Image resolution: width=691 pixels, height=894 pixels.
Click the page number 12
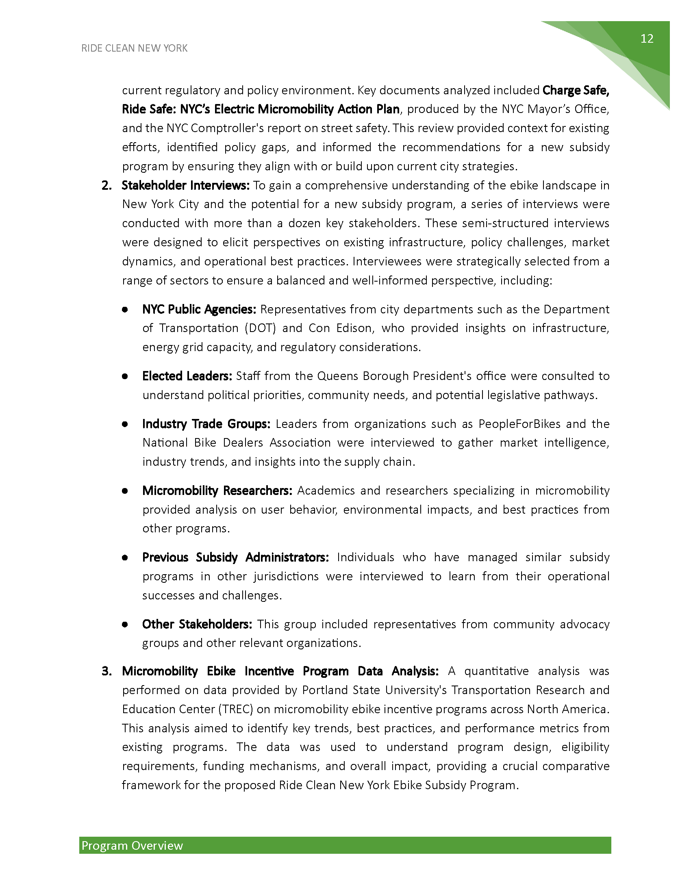[647, 39]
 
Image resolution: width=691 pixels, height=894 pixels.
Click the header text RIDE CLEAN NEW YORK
[134, 48]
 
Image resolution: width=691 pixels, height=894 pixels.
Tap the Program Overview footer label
[132, 846]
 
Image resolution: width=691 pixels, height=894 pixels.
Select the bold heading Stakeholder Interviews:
[185, 185]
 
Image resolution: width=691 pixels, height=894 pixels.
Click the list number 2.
[106, 185]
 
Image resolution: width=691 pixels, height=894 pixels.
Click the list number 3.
[106, 671]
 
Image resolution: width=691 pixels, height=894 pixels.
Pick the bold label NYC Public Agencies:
[199, 310]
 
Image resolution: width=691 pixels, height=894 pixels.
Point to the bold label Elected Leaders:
[187, 376]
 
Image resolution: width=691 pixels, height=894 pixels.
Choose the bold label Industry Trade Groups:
[206, 424]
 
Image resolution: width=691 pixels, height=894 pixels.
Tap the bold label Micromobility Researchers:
[217, 491]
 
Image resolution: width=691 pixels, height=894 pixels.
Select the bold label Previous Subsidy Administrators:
[235, 558]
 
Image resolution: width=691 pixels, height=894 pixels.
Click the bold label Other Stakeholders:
[197, 624]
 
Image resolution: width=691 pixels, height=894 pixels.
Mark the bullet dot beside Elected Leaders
[125, 376]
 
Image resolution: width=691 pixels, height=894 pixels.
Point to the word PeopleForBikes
[519, 424]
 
